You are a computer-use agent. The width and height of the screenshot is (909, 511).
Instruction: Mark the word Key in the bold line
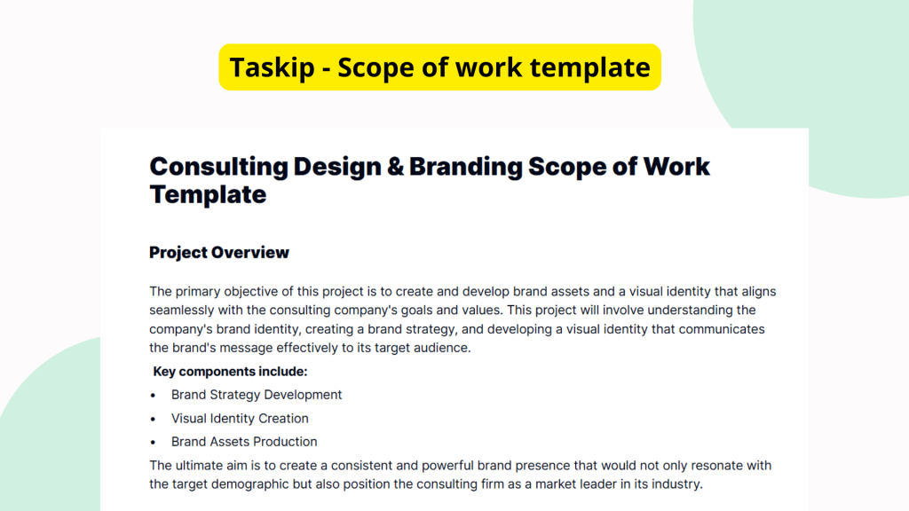pos(166,372)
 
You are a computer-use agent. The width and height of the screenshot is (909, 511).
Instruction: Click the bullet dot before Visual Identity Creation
pos(154,419)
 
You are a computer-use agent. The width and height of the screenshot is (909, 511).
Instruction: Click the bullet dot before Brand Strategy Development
pos(154,396)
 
